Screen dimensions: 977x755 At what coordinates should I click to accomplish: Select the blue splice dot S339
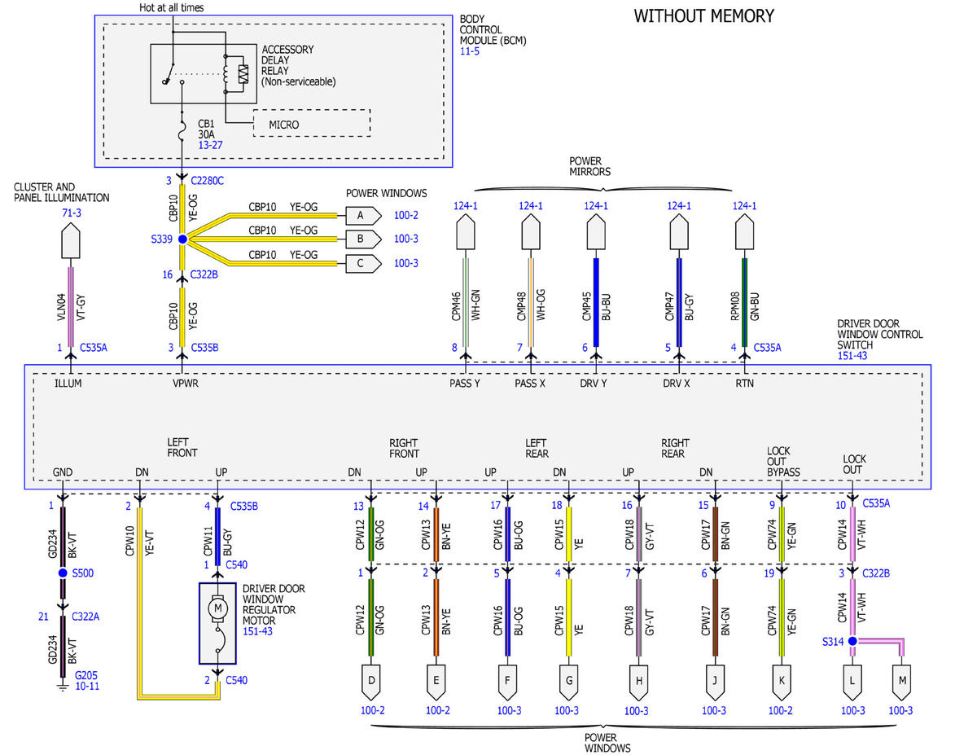pyautogui.click(x=182, y=239)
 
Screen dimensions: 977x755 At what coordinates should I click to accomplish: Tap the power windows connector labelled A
pyautogui.click(x=363, y=216)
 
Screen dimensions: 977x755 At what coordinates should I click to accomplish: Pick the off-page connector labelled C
pyautogui.click(x=363, y=264)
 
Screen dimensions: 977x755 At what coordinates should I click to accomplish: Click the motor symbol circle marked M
pyautogui.click(x=217, y=609)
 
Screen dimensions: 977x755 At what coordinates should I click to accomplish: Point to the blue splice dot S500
pyautogui.click(x=63, y=573)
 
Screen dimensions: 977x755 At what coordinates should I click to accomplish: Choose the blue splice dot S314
pyautogui.click(x=852, y=641)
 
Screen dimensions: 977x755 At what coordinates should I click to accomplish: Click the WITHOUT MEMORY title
pyautogui.click(x=704, y=16)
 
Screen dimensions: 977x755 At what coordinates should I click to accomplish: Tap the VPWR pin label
pyautogui.click(x=186, y=384)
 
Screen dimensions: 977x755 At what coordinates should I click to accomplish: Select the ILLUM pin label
pyautogui.click(x=68, y=384)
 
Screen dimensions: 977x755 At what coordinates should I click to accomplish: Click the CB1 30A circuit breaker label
pyautogui.click(x=206, y=129)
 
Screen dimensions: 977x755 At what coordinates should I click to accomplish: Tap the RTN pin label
pyautogui.click(x=744, y=384)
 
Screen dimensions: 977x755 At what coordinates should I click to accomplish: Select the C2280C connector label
pyautogui.click(x=208, y=181)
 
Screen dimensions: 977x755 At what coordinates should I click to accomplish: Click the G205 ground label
pyautogui.click(x=85, y=675)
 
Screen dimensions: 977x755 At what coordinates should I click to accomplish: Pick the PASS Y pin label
pyautogui.click(x=465, y=384)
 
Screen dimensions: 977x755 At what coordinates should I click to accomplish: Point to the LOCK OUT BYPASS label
pyautogui.click(x=783, y=461)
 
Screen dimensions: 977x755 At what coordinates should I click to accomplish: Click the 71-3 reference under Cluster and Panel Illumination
pyautogui.click(x=72, y=213)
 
